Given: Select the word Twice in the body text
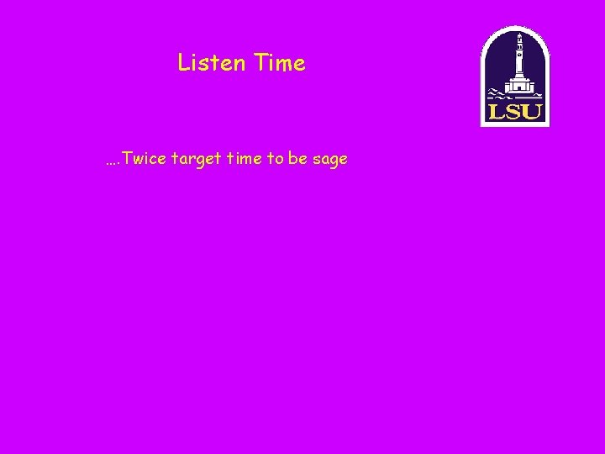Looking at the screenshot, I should click(144, 159).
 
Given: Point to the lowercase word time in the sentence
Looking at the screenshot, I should click(245, 159).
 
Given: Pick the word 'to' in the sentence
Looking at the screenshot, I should click(276, 159).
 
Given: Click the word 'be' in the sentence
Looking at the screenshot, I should click(297, 159).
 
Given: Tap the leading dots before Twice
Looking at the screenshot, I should click(113, 161).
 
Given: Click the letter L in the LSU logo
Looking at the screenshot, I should click(495, 112).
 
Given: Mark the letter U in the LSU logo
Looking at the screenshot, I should click(532, 112).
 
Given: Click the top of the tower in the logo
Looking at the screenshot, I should click(519, 36).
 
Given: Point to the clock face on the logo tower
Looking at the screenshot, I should click(519, 49).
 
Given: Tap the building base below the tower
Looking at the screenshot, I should click(521, 88).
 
